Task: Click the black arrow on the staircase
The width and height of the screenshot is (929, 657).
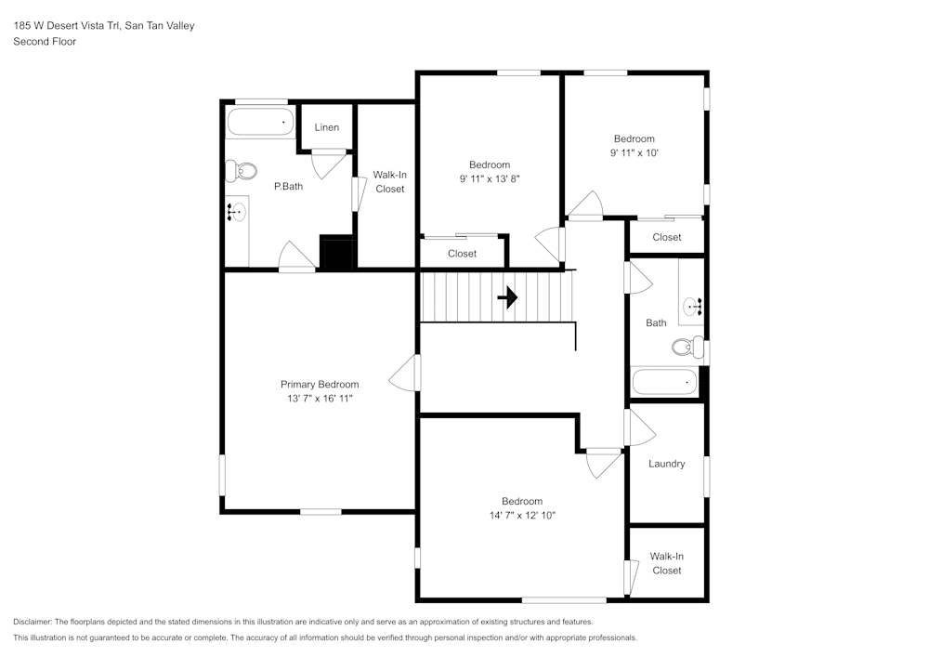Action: [507, 297]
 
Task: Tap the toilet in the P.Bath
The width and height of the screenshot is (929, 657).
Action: [242, 171]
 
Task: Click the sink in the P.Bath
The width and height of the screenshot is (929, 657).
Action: [236, 213]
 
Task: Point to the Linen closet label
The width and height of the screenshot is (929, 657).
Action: [326, 127]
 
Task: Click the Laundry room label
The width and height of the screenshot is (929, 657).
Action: [667, 464]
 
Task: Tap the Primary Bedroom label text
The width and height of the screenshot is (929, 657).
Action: [320, 385]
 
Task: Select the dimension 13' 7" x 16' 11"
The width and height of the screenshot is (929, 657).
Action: [320, 399]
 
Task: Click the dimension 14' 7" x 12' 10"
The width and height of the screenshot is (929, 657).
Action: [521, 516]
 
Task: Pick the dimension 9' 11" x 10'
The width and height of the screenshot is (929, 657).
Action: [634, 153]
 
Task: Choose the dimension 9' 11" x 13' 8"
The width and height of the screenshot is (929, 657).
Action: [489, 179]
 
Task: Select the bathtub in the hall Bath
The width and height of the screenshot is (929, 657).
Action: [664, 382]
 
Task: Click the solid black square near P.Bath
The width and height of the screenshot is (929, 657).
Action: [337, 252]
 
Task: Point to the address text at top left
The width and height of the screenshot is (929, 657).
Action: [103, 26]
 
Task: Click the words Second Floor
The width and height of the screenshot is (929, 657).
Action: [45, 42]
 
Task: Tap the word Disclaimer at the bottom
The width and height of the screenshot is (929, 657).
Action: [33, 622]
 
